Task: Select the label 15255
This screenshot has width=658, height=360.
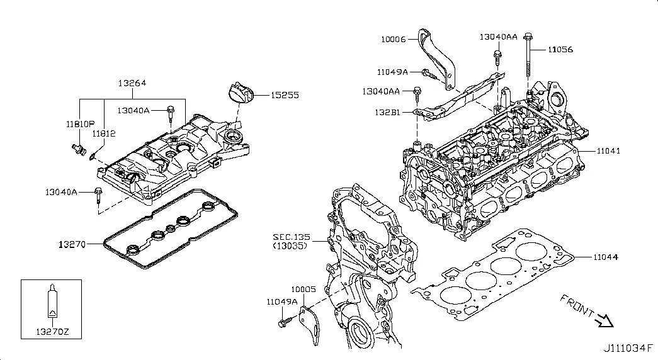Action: pyautogui.click(x=285, y=96)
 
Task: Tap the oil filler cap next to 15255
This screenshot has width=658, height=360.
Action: pyautogui.click(x=238, y=93)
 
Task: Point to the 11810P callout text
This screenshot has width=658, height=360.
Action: pyautogui.click(x=81, y=124)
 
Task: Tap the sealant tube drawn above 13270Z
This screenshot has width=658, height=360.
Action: pyautogui.click(x=52, y=301)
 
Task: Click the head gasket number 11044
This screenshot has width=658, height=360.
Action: pyautogui.click(x=605, y=257)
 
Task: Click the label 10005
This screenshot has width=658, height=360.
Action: pyautogui.click(x=302, y=289)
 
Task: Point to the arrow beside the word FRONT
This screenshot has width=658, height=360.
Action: pyautogui.click(x=604, y=322)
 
